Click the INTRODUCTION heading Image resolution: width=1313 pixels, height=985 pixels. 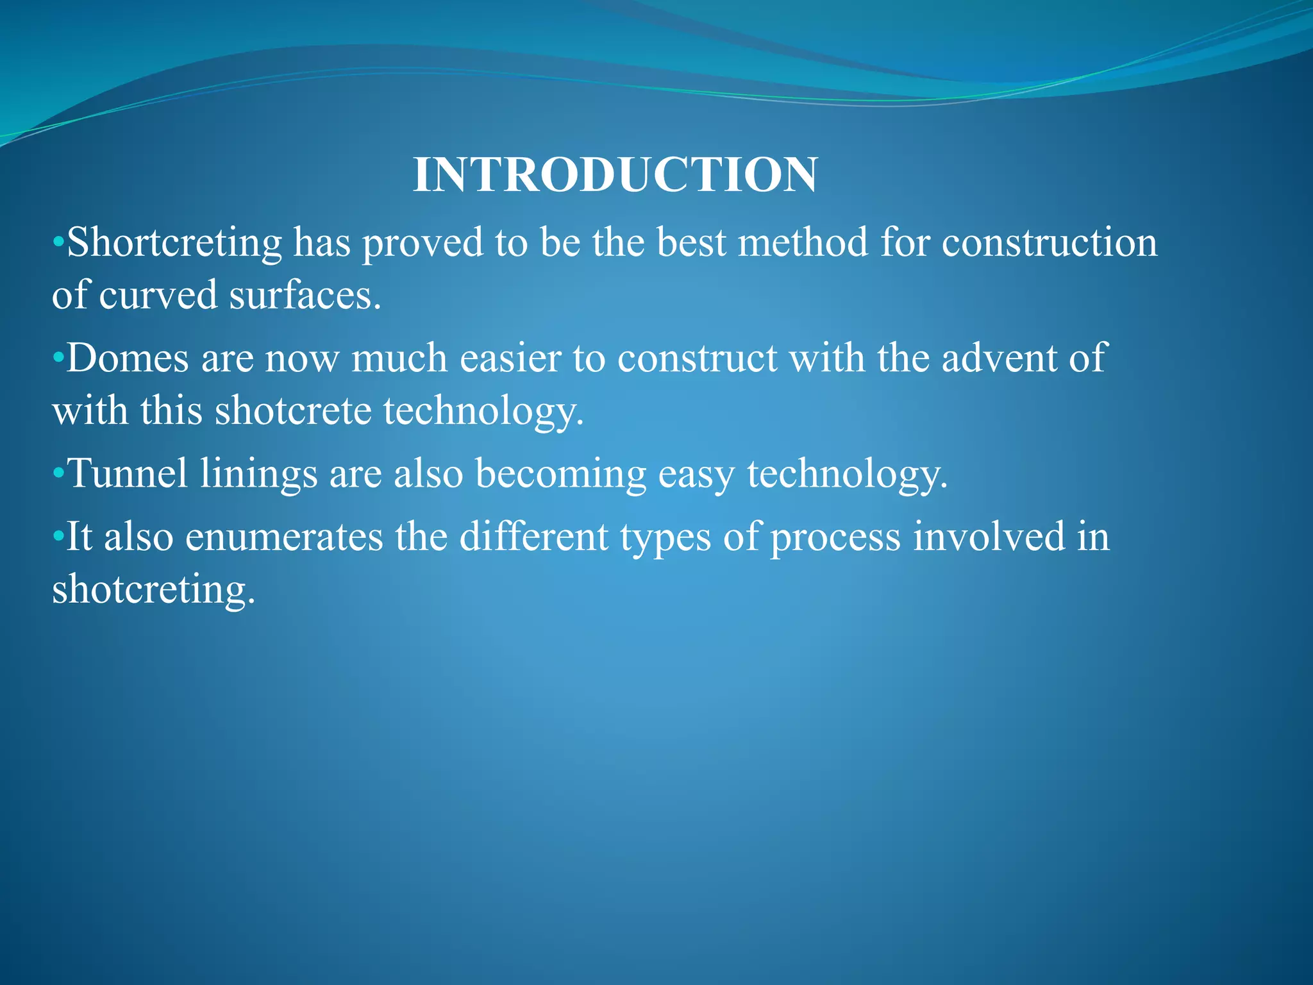click(x=615, y=174)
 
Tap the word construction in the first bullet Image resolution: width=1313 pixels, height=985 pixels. click(x=1049, y=242)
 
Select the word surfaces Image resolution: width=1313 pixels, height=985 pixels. click(x=305, y=296)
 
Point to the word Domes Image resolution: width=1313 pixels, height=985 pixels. click(x=128, y=358)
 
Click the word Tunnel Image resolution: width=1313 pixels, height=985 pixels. click(x=128, y=474)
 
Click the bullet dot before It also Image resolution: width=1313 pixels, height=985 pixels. click(x=58, y=537)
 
